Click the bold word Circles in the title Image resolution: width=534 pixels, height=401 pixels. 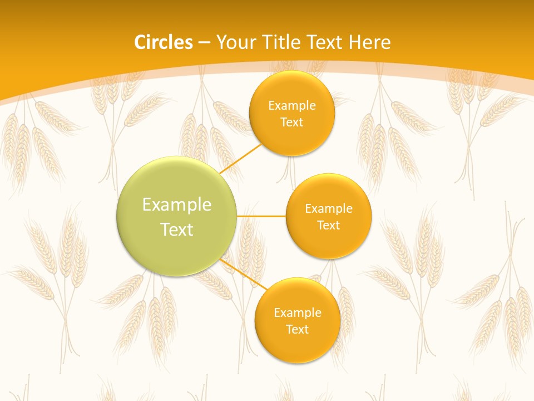163,42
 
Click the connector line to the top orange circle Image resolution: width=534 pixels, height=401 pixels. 240,159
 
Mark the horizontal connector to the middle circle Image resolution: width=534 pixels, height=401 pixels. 261,216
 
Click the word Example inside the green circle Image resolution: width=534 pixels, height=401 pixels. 177,205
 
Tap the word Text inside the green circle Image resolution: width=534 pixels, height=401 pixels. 177,229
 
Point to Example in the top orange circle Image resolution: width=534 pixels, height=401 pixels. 291,106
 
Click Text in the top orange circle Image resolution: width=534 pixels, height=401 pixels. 291,122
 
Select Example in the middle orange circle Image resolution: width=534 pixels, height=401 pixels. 328,209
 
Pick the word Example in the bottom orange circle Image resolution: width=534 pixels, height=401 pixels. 297,313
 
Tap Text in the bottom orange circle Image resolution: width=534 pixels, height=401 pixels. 297,329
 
